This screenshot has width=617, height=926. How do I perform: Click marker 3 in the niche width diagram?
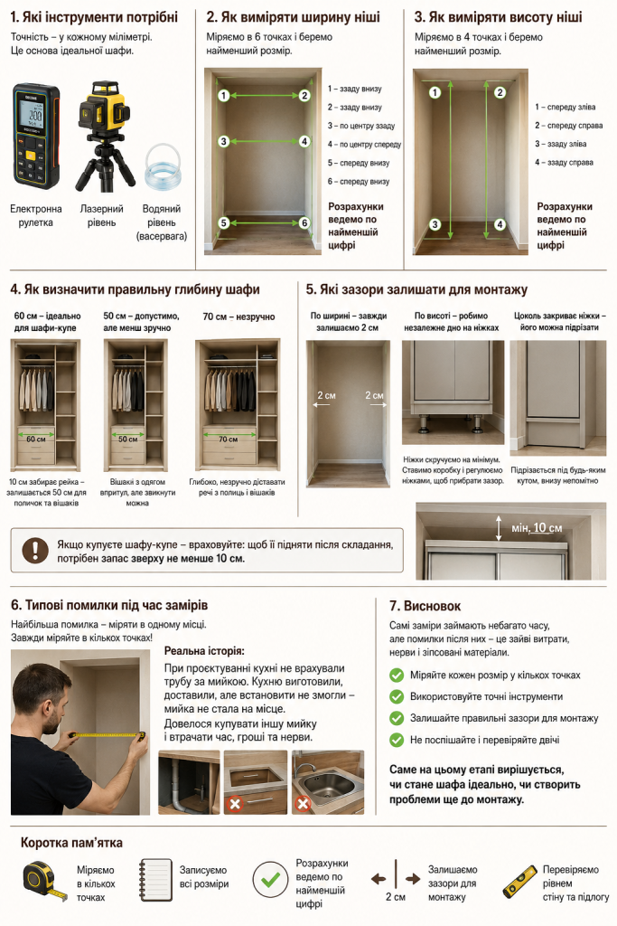tap(223, 142)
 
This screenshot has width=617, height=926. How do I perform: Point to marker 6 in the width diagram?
tap(304, 223)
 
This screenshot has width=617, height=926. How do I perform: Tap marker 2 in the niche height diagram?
tap(500, 92)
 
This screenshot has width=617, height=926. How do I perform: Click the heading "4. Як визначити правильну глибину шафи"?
tap(136, 290)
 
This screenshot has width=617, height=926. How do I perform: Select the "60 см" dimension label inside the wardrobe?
tap(36, 439)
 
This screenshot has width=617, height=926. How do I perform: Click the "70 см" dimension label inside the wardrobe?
tap(229, 439)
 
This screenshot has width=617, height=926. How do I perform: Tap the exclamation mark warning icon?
tap(35, 550)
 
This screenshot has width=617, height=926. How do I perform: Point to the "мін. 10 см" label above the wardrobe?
tap(537, 528)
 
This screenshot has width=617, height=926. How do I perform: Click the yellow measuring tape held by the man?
tap(107, 735)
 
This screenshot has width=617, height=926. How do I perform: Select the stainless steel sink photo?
tap(328, 782)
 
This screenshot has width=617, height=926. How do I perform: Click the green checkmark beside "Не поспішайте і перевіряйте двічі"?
tap(397, 740)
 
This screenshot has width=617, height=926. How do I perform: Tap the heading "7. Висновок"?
tap(425, 606)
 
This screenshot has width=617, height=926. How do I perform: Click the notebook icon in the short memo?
tap(155, 880)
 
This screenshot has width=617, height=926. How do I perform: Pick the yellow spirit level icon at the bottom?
tap(519, 883)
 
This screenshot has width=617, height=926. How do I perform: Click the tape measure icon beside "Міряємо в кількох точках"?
tap(45, 882)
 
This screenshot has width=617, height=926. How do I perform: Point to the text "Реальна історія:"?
tap(204, 651)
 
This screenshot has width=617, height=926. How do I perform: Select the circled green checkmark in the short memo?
tap(270, 880)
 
